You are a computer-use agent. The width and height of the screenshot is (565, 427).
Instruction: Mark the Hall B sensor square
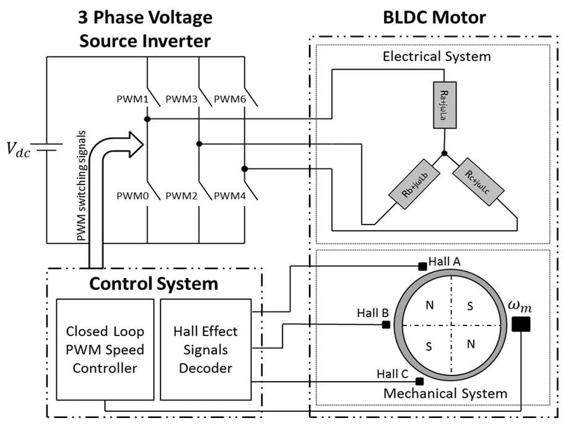tap(386, 325)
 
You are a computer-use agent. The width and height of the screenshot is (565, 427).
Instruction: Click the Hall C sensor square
tap(420, 381)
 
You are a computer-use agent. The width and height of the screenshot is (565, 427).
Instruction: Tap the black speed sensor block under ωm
tap(520, 325)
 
